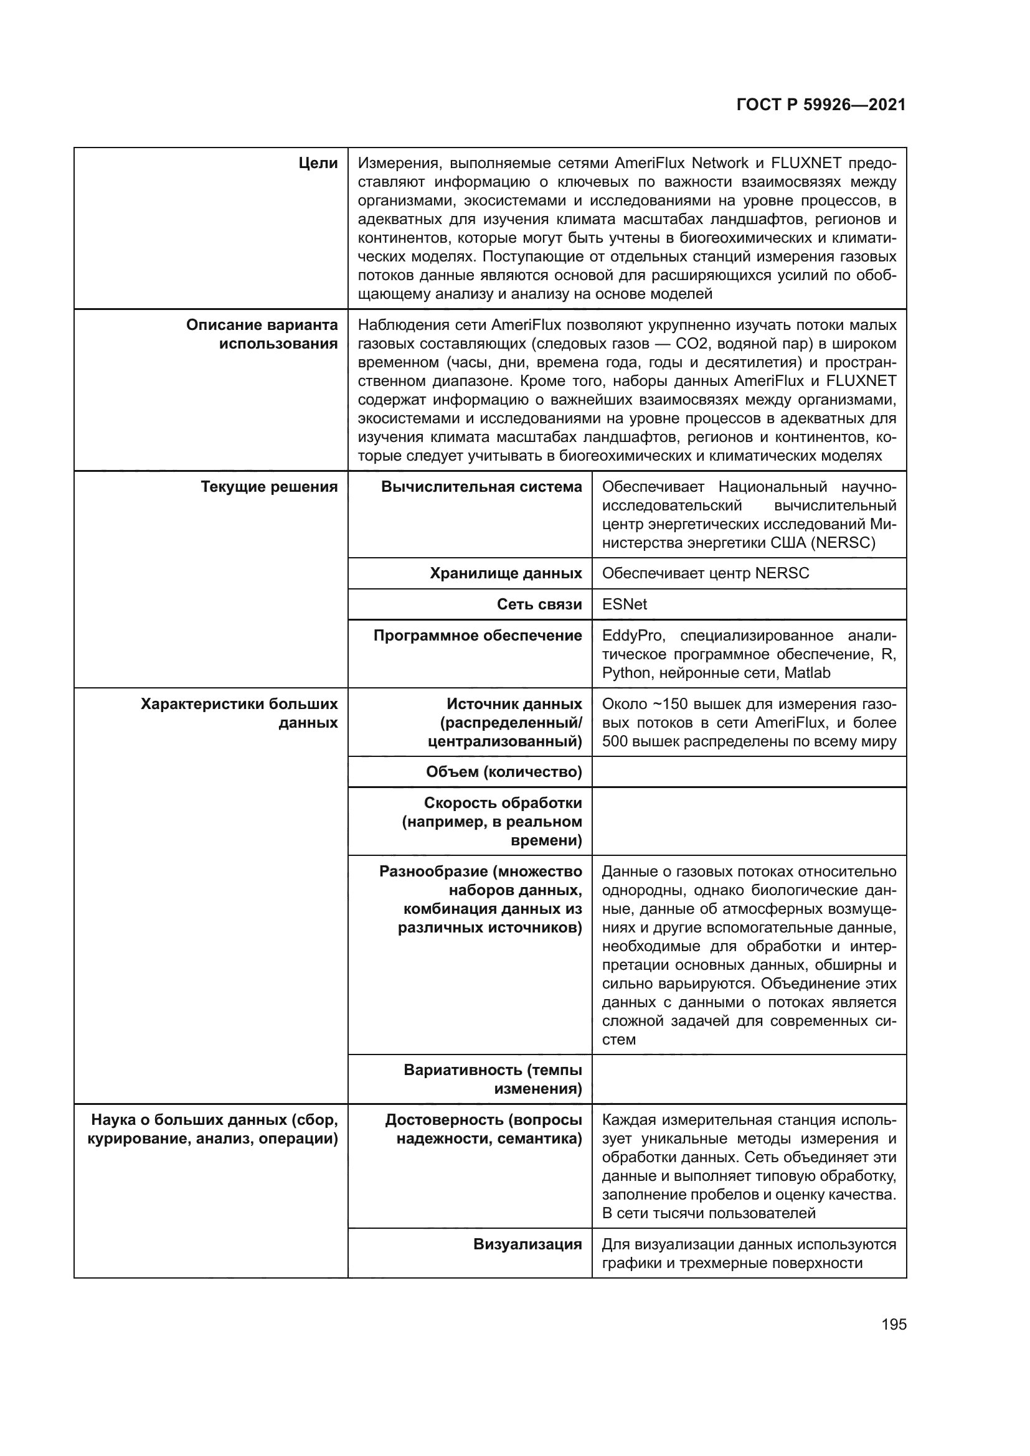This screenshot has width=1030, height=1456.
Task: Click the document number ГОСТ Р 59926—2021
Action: (x=821, y=105)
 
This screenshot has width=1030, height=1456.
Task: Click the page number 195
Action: (x=894, y=1324)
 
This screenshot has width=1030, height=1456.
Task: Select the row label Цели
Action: (x=318, y=164)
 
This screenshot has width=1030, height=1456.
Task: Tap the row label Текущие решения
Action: (x=269, y=487)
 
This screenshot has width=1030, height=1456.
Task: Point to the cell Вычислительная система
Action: (x=481, y=487)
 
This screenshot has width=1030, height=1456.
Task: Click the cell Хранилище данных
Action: (x=506, y=573)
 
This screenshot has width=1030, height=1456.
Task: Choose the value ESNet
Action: (x=624, y=604)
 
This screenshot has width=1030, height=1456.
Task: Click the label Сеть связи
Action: (x=539, y=604)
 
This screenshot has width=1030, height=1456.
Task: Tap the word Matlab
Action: (x=806, y=673)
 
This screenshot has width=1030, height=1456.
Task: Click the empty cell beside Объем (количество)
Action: (x=749, y=772)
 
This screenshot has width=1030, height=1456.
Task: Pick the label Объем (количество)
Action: (x=504, y=772)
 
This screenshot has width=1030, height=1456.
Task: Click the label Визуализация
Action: (x=527, y=1244)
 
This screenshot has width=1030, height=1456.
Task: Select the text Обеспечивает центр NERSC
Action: (x=706, y=573)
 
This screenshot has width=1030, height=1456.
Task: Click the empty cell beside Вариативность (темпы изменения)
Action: (x=749, y=1079)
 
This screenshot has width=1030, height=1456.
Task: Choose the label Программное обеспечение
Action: (x=478, y=636)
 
